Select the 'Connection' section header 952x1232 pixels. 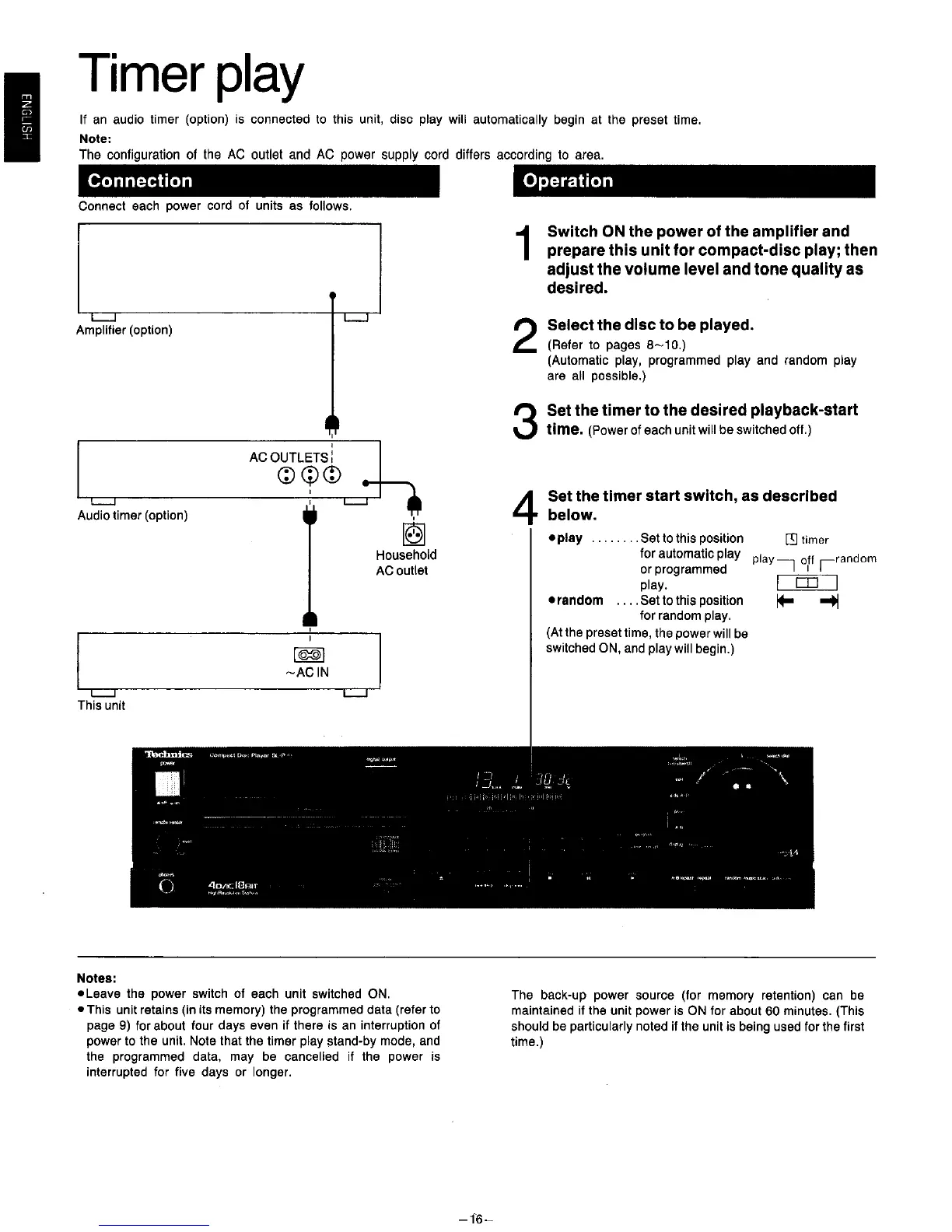[x=140, y=181]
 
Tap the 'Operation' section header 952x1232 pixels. [x=568, y=181]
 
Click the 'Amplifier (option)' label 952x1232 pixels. [x=124, y=330]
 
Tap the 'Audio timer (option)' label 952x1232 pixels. [x=132, y=515]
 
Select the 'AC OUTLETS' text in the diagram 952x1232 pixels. [x=289, y=457]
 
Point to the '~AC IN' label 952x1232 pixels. [x=308, y=672]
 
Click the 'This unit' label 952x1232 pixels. [x=101, y=705]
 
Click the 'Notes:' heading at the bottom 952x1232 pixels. [x=96, y=978]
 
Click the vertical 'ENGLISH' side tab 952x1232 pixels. [x=25, y=117]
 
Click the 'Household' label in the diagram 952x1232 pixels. [x=406, y=555]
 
